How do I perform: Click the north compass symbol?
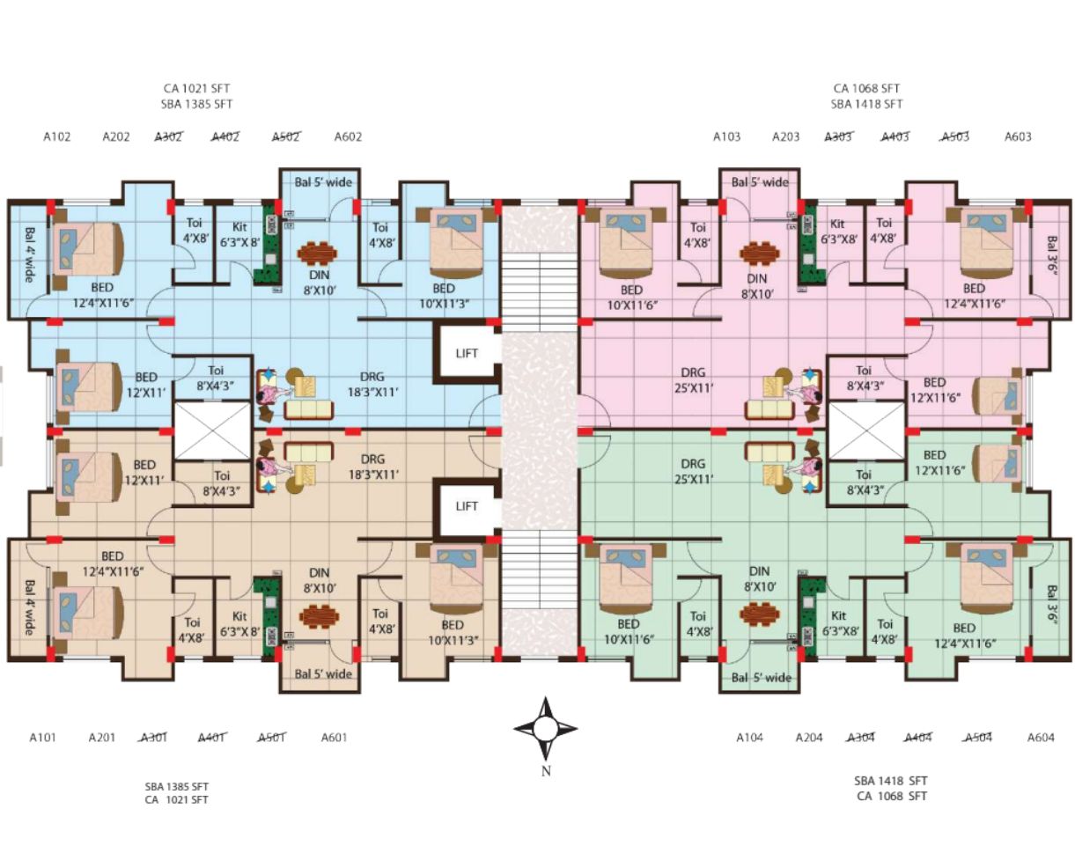(x=545, y=728)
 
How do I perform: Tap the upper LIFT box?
(x=467, y=353)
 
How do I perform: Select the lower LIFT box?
(x=467, y=506)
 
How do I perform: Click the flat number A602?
(x=348, y=136)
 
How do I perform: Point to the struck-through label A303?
(x=838, y=136)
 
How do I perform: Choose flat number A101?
(x=42, y=738)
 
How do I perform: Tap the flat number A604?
(x=1041, y=738)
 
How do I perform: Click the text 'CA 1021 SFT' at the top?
(x=196, y=88)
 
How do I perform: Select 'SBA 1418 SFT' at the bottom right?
(x=891, y=781)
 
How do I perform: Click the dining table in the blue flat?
(x=318, y=254)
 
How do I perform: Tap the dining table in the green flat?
(x=760, y=614)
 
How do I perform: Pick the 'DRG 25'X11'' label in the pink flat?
(x=693, y=380)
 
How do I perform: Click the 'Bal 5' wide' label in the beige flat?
(x=323, y=673)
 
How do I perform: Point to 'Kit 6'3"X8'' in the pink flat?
(x=838, y=232)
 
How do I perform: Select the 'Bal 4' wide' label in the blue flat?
(x=29, y=254)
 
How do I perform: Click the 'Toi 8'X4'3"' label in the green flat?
(x=864, y=482)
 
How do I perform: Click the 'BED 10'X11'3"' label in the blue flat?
(x=444, y=296)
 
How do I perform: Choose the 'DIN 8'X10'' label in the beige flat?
(x=319, y=580)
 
